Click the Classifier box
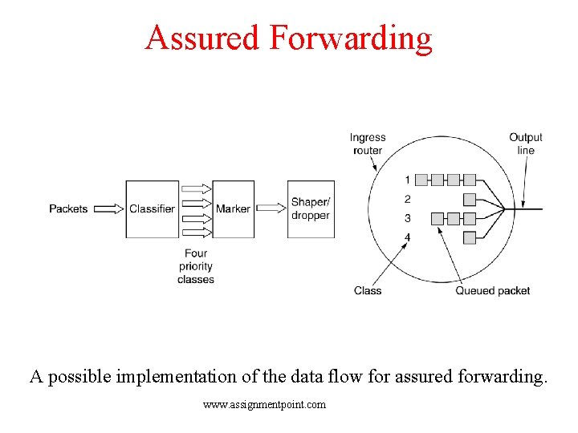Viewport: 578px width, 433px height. [x=152, y=208]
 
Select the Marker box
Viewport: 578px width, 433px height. [x=233, y=208]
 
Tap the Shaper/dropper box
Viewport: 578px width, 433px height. [x=310, y=208]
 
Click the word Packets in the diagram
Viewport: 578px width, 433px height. [x=68, y=208]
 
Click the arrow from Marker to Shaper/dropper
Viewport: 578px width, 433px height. [x=271, y=208]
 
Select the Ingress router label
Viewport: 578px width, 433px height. [x=367, y=144]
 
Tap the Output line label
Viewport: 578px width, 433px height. [x=525, y=144]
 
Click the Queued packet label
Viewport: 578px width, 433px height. [x=492, y=290]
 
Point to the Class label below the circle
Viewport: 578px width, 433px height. [x=368, y=290]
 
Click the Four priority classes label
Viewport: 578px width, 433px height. [x=196, y=266]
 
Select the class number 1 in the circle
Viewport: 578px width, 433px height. [x=407, y=180]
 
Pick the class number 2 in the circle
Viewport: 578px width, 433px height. [x=407, y=199]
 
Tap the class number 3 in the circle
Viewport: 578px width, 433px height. [x=407, y=218]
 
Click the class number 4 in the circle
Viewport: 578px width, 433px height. [x=407, y=237]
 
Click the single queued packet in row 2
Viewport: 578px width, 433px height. [x=470, y=199]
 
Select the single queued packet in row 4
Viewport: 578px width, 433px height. [x=470, y=237]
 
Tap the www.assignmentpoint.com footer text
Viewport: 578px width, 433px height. [x=264, y=405]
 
